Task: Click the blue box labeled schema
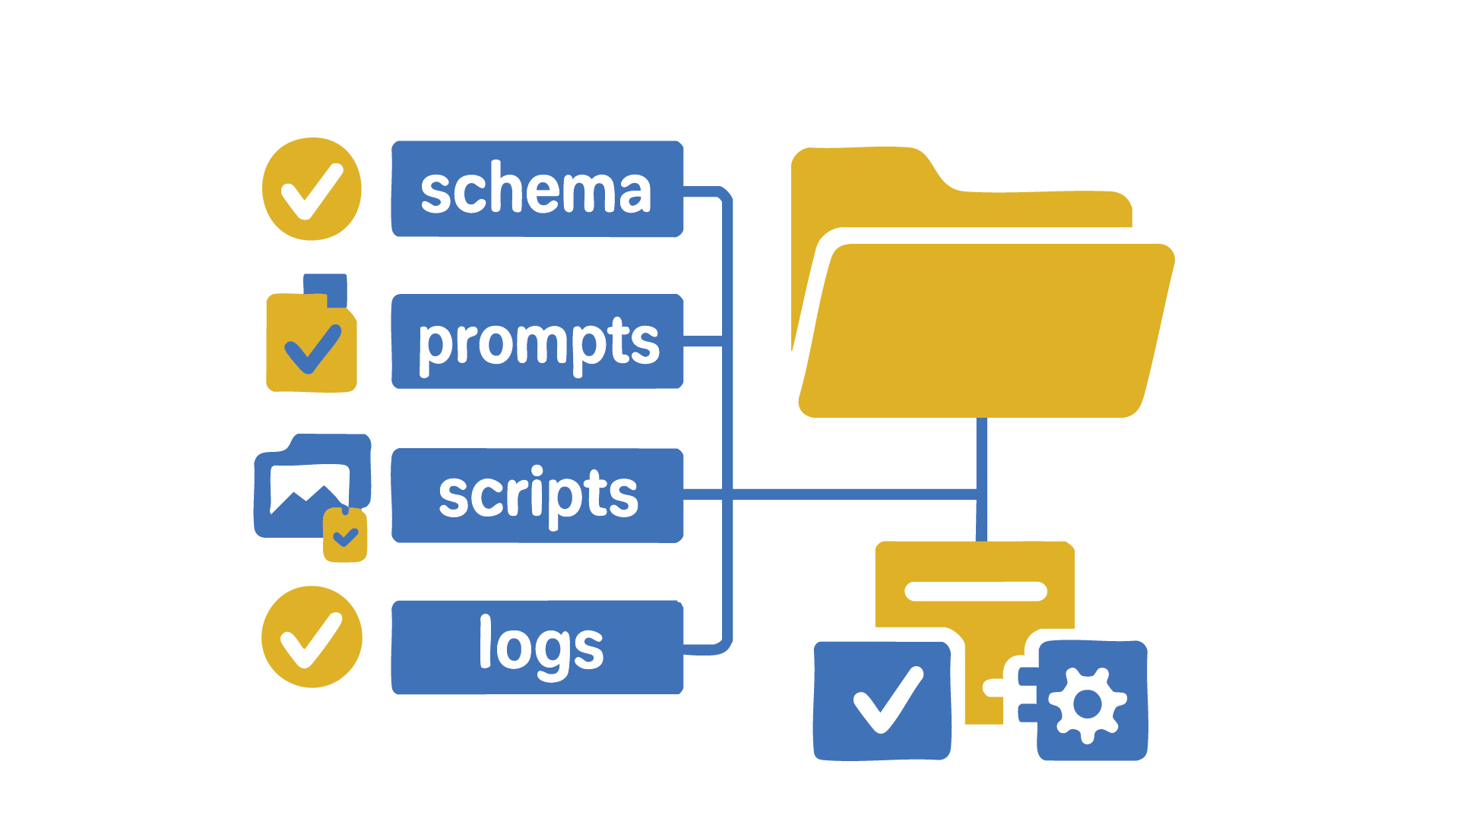tap(537, 188)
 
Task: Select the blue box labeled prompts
tap(537, 341)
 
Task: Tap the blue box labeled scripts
tap(537, 495)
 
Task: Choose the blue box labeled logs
tap(537, 647)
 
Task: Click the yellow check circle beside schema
tap(312, 189)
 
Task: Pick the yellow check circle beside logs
tap(312, 637)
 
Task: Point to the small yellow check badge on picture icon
tap(345, 536)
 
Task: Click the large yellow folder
tap(988, 330)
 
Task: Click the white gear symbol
tap(1088, 704)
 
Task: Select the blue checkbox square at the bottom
tap(882, 700)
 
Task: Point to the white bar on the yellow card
tap(976, 591)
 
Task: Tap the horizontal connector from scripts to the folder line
tap(851, 494)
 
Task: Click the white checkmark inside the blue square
tap(887, 700)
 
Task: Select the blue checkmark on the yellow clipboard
tap(312, 349)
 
